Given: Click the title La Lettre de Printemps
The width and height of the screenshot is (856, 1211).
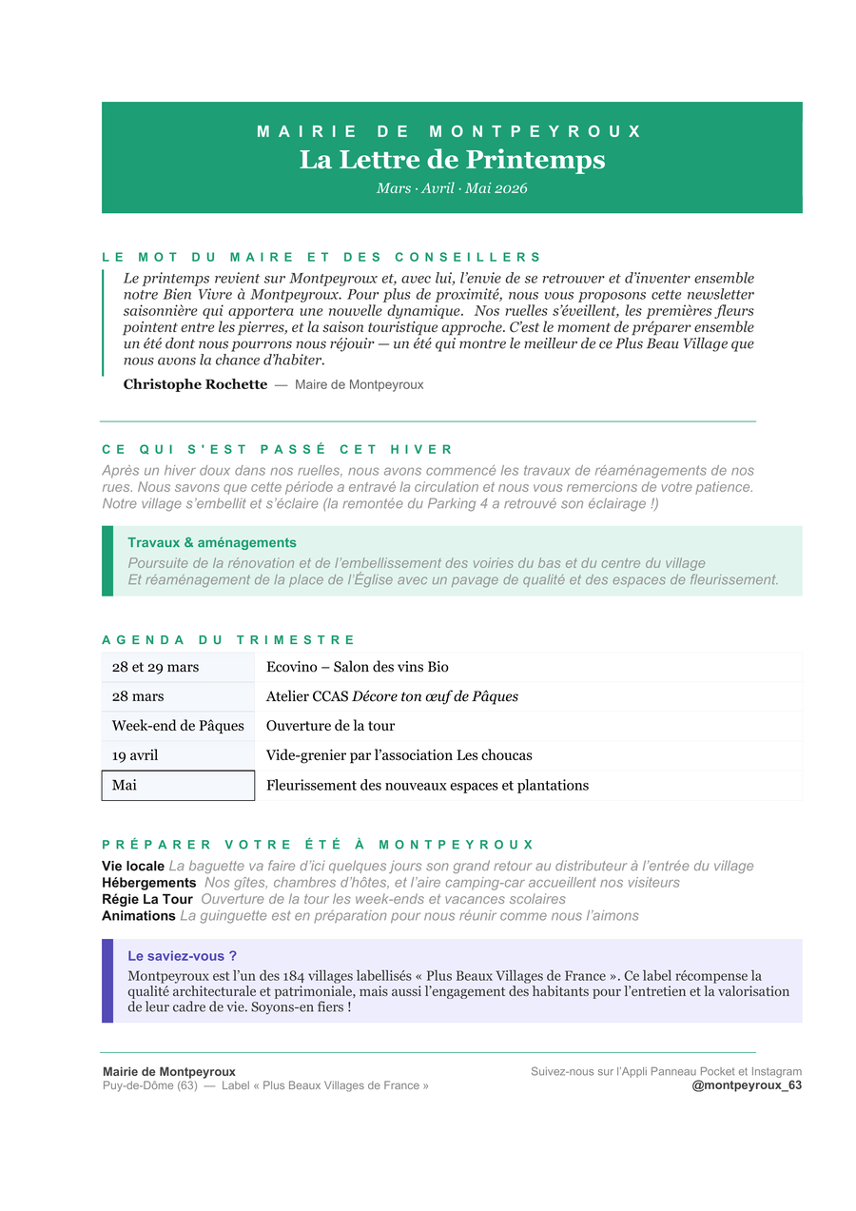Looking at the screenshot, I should (x=452, y=159).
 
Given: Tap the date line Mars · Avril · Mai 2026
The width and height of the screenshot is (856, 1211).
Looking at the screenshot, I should (x=452, y=188).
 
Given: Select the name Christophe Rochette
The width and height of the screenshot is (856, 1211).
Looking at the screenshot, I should (x=195, y=384).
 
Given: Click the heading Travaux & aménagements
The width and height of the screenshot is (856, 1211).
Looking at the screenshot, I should (x=212, y=542).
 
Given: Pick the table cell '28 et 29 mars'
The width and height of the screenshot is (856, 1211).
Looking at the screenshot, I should (x=156, y=667).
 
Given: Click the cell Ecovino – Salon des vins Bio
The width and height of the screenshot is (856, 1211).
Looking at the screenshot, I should (x=358, y=667).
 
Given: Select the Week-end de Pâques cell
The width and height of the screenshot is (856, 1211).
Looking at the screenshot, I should (x=178, y=726).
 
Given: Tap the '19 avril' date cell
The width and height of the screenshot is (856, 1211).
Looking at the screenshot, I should (x=135, y=755).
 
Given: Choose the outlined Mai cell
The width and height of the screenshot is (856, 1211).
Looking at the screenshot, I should (x=178, y=786).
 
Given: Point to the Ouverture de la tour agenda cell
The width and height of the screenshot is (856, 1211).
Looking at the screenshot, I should (x=330, y=726).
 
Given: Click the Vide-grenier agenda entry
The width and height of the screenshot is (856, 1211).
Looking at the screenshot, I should (x=399, y=755).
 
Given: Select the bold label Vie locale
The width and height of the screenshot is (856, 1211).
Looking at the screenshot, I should (x=133, y=866).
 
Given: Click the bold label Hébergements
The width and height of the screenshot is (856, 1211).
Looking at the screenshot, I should (x=149, y=883).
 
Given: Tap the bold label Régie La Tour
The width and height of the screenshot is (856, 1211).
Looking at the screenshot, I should (x=147, y=899).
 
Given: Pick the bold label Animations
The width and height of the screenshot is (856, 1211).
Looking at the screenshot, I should (x=139, y=916).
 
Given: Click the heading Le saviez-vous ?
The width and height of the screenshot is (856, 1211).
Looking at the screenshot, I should (x=182, y=956).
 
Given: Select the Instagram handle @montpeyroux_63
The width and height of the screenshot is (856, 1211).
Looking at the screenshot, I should (x=747, y=1085).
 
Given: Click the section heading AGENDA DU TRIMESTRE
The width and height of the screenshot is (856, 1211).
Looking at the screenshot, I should (x=228, y=640).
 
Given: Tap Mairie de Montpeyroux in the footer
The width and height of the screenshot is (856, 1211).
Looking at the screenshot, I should (x=169, y=1071).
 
